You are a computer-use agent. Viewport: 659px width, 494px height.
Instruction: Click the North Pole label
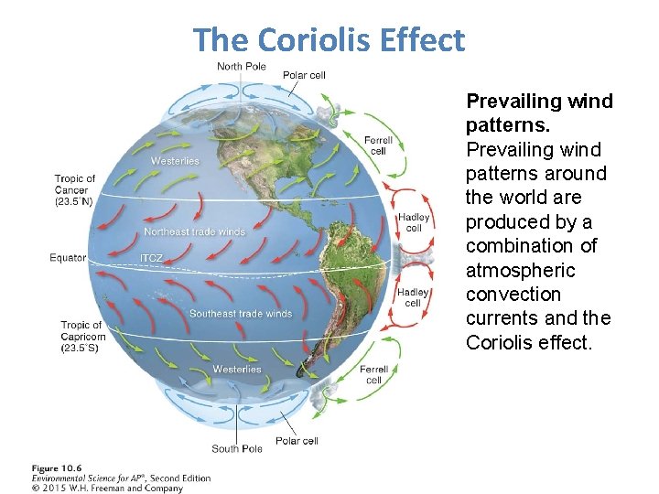pyautogui.click(x=242, y=66)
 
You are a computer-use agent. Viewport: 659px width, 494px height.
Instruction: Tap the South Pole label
pyautogui.click(x=237, y=448)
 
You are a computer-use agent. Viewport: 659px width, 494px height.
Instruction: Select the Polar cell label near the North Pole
pyautogui.click(x=304, y=75)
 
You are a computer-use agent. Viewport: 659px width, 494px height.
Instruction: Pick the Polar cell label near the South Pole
pyautogui.click(x=297, y=441)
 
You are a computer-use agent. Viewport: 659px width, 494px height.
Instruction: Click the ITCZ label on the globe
pyautogui.click(x=152, y=259)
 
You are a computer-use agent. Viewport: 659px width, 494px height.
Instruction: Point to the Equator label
pyautogui.click(x=68, y=258)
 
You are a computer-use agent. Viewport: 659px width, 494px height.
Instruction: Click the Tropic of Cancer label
pyautogui.click(x=75, y=189)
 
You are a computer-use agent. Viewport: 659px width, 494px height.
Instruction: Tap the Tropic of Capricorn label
pyautogui.click(x=82, y=337)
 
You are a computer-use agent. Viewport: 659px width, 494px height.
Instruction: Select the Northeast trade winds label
pyautogui.click(x=194, y=232)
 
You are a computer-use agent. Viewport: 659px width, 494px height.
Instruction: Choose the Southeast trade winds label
pyautogui.click(x=240, y=314)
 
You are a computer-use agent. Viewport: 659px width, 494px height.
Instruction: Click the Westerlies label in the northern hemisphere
pyautogui.click(x=174, y=161)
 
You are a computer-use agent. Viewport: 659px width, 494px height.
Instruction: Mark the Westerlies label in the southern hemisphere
pyautogui.click(x=236, y=370)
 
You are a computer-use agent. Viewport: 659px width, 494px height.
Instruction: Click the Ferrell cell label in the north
pyautogui.click(x=378, y=145)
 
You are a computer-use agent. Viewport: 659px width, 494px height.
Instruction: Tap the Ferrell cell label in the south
pyautogui.click(x=373, y=374)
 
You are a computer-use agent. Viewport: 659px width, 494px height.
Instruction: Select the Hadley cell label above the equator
pyautogui.click(x=414, y=222)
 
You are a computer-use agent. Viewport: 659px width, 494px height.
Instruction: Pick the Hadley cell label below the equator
pyautogui.click(x=414, y=297)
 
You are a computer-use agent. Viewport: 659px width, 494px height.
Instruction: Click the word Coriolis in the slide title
pyautogui.click(x=317, y=40)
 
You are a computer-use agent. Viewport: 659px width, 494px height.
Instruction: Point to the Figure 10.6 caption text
pyautogui.click(x=56, y=468)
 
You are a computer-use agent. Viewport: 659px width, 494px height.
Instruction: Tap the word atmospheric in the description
pyautogui.click(x=520, y=270)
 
